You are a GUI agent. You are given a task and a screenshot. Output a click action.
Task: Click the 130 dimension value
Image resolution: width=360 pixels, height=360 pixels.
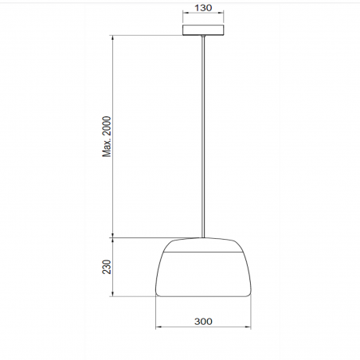click(x=203, y=8)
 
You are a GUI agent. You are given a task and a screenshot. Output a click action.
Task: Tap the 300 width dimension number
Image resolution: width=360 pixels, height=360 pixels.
click(x=203, y=322)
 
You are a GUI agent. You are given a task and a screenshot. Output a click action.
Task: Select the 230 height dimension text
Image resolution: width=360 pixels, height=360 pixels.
click(x=107, y=267)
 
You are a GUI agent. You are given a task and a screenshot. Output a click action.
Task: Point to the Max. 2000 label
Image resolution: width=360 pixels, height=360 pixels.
click(x=107, y=136)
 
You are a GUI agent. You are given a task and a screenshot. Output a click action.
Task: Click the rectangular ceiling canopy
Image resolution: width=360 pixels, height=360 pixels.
click(x=203, y=30)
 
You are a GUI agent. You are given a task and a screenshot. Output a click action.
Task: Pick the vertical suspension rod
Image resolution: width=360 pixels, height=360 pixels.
click(x=203, y=136)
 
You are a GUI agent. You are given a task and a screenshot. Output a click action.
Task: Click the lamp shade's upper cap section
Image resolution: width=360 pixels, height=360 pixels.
click(x=203, y=245)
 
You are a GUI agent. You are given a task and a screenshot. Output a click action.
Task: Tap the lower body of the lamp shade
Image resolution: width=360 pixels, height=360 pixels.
click(x=203, y=274)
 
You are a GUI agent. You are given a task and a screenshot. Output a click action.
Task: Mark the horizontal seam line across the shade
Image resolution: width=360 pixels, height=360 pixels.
click(x=203, y=252)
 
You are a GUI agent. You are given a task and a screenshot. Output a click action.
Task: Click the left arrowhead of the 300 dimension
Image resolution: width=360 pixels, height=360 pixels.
click(x=158, y=327)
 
